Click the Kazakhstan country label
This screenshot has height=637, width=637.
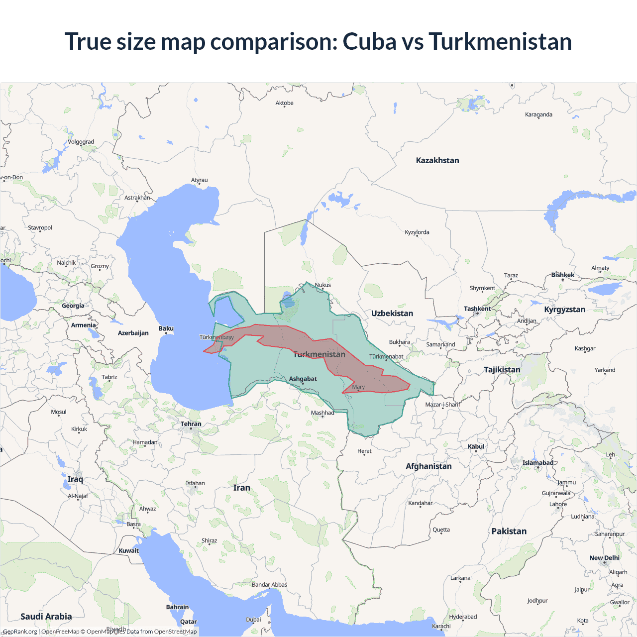click(437, 160)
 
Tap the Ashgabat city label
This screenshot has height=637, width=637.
click(303, 379)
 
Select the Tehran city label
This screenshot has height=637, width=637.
click(191, 424)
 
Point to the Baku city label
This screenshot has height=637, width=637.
click(166, 328)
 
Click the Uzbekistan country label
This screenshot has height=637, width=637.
click(392, 313)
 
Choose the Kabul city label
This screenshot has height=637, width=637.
click(476, 446)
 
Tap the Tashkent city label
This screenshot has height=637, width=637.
click(477, 309)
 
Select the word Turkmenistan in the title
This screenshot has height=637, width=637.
click(500, 41)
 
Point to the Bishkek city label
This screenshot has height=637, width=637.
click(563, 275)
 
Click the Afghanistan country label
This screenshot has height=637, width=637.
click(428, 466)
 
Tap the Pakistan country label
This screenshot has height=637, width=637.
click(509, 531)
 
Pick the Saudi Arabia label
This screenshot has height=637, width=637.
click(46, 616)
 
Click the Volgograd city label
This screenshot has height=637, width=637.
click(81, 142)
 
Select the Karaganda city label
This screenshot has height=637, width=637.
click(538, 114)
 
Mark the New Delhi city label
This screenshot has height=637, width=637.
click(604, 558)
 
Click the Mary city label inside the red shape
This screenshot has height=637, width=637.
click(358, 387)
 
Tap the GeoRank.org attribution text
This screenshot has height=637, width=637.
click(20, 632)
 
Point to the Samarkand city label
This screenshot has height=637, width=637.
click(440, 344)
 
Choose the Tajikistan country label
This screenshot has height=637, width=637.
click(502, 369)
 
